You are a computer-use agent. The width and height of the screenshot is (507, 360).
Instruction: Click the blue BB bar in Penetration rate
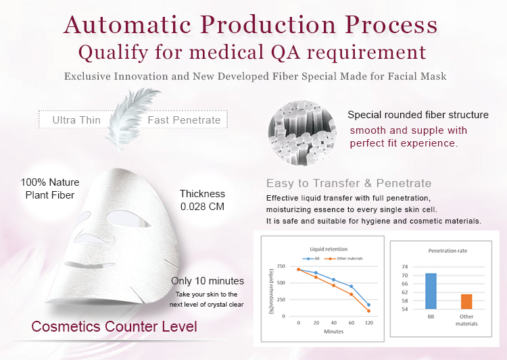(431, 291)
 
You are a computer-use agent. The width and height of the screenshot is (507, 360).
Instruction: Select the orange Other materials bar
(466, 301)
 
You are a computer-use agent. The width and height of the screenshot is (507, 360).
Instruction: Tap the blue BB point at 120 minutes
(368, 305)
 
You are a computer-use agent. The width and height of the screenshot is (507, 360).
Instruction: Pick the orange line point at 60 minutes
(351, 294)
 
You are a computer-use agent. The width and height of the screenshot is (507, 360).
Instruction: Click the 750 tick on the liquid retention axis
(281, 266)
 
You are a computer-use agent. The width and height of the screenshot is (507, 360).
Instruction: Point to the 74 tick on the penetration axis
(405, 267)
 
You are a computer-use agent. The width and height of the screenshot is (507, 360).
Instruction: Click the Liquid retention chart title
(329, 249)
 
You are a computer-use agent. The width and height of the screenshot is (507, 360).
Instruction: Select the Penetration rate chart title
(448, 251)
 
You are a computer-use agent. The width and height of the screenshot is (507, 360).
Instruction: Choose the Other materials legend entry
(344, 259)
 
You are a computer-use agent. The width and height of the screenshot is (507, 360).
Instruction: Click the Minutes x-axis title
(334, 332)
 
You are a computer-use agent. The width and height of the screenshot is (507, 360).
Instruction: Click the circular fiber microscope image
(302, 133)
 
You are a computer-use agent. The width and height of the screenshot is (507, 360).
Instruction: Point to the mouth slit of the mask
(89, 265)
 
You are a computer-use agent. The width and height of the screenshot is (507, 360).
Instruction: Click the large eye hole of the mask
(129, 219)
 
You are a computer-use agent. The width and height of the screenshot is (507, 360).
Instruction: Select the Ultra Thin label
(76, 120)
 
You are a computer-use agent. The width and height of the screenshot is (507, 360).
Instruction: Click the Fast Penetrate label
(184, 120)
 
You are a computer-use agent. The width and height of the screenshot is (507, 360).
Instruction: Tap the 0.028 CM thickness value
(202, 207)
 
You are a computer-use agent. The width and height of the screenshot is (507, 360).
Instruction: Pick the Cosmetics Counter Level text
(114, 326)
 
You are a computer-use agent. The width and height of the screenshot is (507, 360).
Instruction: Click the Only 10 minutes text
(208, 281)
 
